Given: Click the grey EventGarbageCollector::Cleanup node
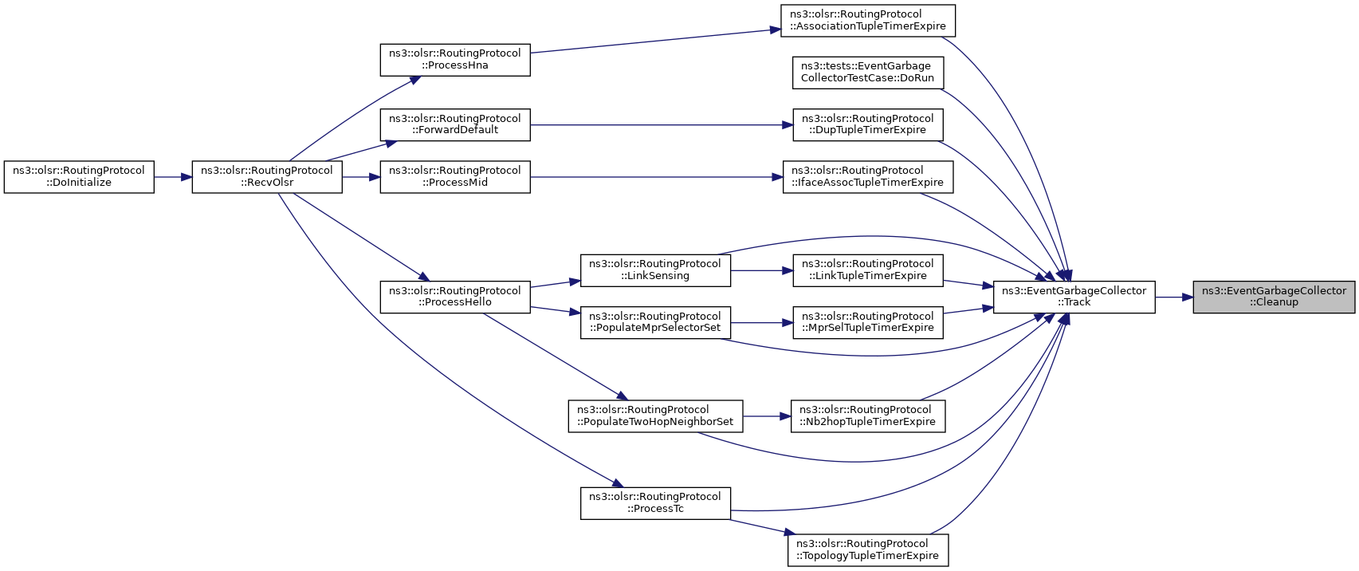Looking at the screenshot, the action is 1274,297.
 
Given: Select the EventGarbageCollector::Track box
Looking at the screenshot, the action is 1074,297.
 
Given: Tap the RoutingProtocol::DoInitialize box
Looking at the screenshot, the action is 79,177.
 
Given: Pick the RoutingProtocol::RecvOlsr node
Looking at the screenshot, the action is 267,177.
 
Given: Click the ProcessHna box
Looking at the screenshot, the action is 455,60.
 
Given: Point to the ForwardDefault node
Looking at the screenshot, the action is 455,125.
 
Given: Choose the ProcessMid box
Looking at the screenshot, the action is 455,177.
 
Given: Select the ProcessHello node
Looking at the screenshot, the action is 455,297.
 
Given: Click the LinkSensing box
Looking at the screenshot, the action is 655,270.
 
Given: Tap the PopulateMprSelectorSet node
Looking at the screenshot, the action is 655,323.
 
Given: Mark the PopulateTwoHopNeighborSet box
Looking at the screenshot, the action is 655,416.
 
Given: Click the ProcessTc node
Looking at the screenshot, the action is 655,503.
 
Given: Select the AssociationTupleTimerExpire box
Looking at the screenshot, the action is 867,21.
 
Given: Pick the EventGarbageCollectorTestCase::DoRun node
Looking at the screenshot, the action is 867,73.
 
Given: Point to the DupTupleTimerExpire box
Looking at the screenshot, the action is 867,125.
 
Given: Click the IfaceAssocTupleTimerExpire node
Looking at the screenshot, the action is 867,177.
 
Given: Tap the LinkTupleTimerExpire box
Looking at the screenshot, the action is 867,270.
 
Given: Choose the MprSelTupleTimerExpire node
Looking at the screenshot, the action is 867,323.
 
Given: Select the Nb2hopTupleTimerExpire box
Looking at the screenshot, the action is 867,416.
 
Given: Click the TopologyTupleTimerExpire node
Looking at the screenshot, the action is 867,550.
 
